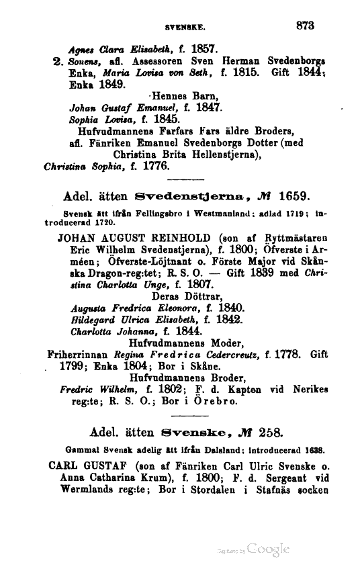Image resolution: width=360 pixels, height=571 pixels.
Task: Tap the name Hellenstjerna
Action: (x=220, y=154)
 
